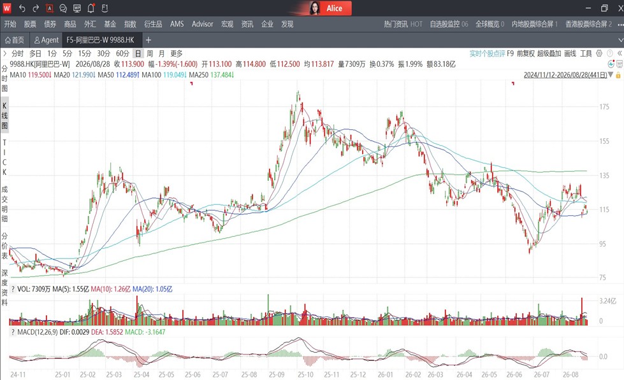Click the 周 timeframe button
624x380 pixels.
click(x=150, y=53)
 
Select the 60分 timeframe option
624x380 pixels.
click(x=122, y=53)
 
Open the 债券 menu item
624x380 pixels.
click(x=50, y=24)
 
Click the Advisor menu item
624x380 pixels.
click(x=202, y=24)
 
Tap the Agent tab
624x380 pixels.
click(x=47, y=40)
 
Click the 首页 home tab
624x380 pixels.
click(x=15, y=40)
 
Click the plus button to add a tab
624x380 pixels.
click(x=149, y=40)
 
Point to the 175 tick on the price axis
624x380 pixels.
click(x=604, y=106)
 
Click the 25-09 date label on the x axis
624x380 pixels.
click(x=277, y=374)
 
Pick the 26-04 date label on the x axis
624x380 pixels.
click(x=464, y=374)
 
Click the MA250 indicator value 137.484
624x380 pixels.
click(x=222, y=74)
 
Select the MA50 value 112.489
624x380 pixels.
click(x=127, y=74)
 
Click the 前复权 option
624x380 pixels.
click(x=525, y=53)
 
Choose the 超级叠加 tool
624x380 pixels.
click(x=549, y=53)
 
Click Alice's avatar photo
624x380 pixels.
click(x=315, y=8)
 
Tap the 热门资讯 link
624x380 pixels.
click(x=396, y=24)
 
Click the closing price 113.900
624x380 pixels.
click(x=133, y=64)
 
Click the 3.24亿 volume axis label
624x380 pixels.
click(x=607, y=301)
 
